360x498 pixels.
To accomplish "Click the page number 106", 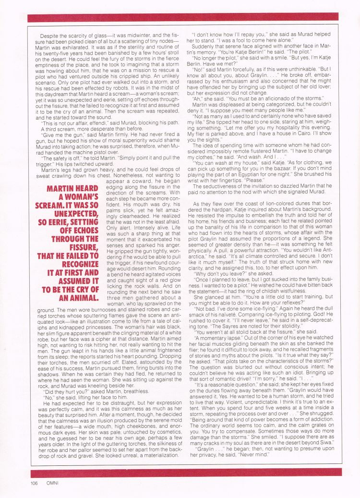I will pos(33,483).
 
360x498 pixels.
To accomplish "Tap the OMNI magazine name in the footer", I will pos(54,483).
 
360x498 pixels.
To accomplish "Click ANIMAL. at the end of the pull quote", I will pos(80,299).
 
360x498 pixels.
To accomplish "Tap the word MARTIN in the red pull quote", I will pos(65,187).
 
